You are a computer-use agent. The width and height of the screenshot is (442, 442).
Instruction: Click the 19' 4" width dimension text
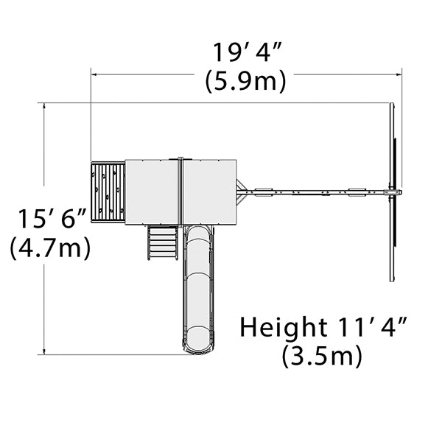[x=247, y=52]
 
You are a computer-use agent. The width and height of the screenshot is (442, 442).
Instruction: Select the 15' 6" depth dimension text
[x=52, y=218]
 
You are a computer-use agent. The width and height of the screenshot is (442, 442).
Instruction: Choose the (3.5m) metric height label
[x=322, y=355]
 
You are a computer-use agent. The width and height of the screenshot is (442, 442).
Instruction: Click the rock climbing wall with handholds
[x=108, y=192]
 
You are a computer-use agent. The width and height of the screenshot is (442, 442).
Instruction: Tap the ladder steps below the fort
[x=163, y=242]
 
